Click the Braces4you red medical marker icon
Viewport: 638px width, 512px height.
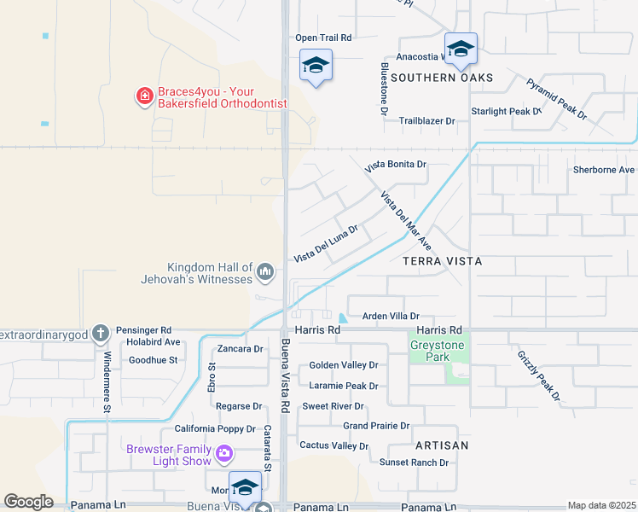coord(145,96)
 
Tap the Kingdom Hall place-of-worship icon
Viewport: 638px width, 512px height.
coord(265,273)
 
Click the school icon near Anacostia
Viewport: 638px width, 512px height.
coord(461,49)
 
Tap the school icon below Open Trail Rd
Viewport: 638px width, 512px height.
coord(316,65)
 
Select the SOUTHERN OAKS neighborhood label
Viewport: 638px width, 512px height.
coord(442,78)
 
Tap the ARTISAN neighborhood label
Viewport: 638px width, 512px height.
coord(442,445)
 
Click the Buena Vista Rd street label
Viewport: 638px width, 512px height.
coord(286,377)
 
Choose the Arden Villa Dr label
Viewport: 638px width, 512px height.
coord(391,316)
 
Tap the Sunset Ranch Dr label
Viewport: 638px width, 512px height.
coord(414,463)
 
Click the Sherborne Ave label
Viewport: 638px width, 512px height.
coord(604,169)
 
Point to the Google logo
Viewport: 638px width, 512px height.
coord(28,502)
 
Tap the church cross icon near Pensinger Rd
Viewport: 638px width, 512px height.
coord(101,332)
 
